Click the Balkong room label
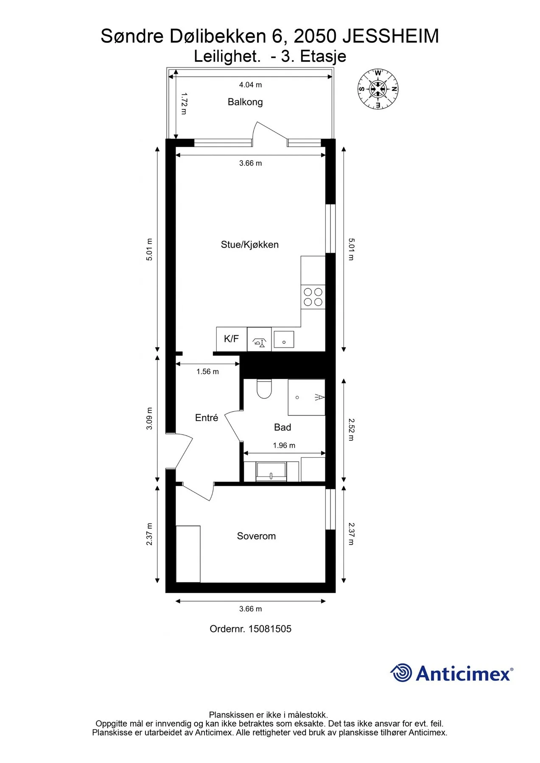click(x=245, y=102)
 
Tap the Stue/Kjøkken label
click(x=249, y=245)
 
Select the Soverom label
click(x=256, y=536)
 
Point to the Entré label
click(x=207, y=418)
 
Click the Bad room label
click(x=283, y=427)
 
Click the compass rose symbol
click(x=378, y=89)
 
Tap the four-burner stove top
click(x=313, y=297)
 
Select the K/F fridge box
click(x=232, y=339)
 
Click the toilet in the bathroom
click(x=264, y=389)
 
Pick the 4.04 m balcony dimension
click(x=250, y=85)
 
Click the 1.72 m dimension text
click(x=184, y=104)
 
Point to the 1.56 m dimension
click(x=207, y=372)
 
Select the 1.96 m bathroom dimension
click(x=284, y=446)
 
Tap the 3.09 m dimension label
click(x=149, y=419)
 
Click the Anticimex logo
click(x=452, y=673)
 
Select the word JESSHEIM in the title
click(x=391, y=36)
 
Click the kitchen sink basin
click(x=284, y=339)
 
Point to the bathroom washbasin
click(x=271, y=472)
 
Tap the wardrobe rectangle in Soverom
click(x=188, y=554)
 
